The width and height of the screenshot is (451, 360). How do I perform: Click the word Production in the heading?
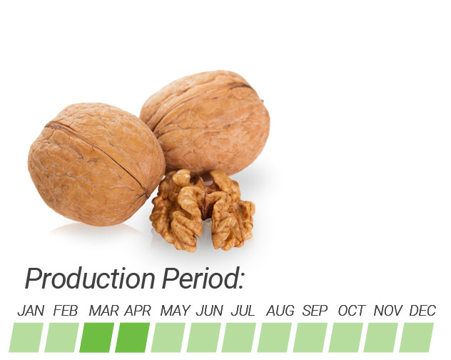[x=90, y=278]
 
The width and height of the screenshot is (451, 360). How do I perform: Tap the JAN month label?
[x=31, y=311]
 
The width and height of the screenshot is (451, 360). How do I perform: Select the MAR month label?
[x=104, y=311]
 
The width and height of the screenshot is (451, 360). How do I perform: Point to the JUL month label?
[x=243, y=311]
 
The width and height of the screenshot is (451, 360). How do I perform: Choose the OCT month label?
[x=352, y=311]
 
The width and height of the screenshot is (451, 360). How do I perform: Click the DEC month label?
[x=422, y=311]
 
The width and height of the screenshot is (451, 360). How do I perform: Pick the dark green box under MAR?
[x=96, y=338]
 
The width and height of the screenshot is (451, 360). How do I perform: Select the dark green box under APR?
[x=132, y=338]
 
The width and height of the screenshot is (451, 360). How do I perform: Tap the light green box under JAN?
[x=26, y=338]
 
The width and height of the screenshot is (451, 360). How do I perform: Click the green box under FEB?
[x=61, y=338]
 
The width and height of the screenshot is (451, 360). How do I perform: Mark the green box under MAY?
[x=168, y=338]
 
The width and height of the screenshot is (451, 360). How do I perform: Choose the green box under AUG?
[x=275, y=338]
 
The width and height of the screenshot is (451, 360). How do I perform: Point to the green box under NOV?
[x=381, y=338]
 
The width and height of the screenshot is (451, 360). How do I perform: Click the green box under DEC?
[x=417, y=338]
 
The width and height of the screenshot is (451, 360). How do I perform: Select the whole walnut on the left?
[x=96, y=164]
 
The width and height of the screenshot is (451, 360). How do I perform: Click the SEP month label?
[x=315, y=311]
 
